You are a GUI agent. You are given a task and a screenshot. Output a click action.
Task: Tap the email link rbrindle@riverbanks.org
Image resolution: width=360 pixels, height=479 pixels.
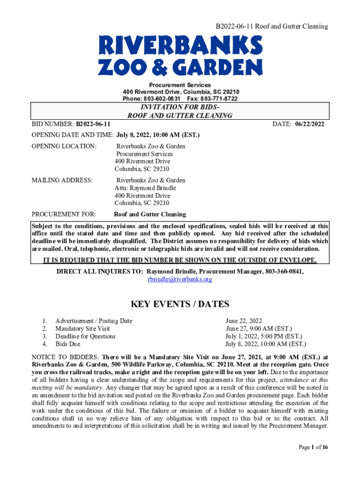[x=180, y=279]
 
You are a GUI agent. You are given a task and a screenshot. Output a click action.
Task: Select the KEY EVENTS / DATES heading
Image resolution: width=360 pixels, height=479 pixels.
[x=180, y=305]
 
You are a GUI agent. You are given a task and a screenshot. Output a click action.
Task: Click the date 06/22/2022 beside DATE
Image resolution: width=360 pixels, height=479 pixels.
[x=309, y=124]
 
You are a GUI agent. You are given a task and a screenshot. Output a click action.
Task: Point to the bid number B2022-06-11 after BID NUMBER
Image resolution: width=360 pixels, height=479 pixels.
[x=93, y=124]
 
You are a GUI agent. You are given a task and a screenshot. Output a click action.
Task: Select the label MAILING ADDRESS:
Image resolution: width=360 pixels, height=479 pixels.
[x=62, y=180]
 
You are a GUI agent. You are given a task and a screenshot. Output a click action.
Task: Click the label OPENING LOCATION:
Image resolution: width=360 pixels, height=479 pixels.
[x=64, y=146]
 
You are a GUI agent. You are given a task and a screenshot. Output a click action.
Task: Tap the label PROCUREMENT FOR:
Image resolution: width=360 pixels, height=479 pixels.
[x=64, y=214]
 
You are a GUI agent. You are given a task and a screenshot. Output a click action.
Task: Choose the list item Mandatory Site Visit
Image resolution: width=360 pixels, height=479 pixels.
[x=83, y=328]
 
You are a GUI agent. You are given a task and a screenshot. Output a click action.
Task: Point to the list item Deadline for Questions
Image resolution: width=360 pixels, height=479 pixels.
[x=85, y=336]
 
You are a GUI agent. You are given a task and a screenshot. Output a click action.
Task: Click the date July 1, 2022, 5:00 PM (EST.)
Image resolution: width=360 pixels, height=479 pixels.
[x=264, y=336]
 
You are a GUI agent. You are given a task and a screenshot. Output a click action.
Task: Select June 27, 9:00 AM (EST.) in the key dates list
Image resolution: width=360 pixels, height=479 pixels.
[x=259, y=328]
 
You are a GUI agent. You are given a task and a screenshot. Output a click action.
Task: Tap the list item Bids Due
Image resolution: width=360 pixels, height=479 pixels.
[x=68, y=344]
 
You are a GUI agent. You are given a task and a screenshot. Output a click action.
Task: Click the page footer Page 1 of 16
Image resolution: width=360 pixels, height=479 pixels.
[x=313, y=448]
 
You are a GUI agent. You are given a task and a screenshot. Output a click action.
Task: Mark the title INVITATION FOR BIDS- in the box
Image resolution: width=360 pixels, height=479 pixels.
[x=180, y=107]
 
